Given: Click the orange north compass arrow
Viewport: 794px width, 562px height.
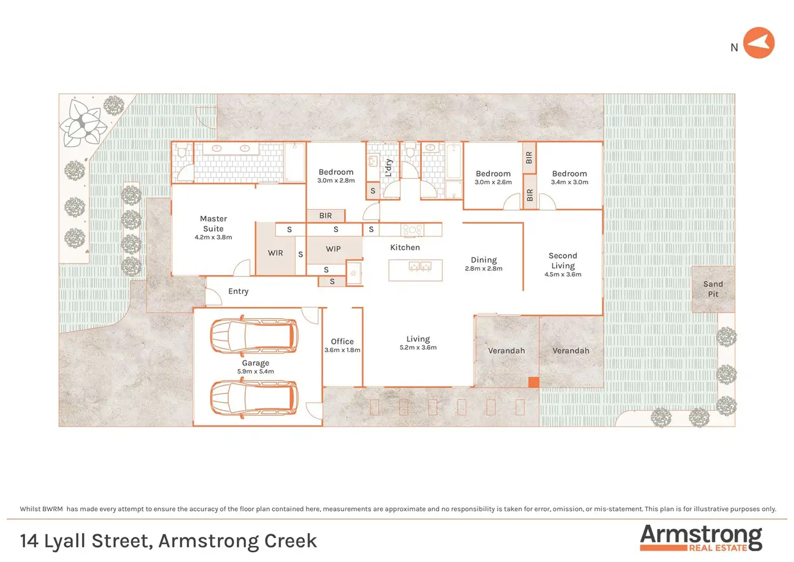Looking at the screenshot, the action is [758, 43].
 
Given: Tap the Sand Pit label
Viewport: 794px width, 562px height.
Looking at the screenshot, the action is [713, 289].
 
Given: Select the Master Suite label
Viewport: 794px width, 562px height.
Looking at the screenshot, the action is [213, 224].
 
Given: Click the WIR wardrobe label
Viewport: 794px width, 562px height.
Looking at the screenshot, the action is [275, 253].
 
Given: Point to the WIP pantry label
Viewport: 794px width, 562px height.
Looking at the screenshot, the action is [333, 249].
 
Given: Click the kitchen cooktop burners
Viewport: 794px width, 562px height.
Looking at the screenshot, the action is [413, 230].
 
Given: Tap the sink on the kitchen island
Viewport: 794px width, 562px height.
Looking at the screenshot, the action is [420, 266].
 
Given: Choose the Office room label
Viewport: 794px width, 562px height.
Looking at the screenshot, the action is [342, 341].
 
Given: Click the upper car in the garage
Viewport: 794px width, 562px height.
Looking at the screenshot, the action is [254, 336].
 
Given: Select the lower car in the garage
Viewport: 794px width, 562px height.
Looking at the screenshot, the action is [254, 397].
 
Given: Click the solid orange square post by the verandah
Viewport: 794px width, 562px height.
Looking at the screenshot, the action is [533, 382].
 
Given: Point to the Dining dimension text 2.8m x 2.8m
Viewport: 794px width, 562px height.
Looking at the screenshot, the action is [483, 269].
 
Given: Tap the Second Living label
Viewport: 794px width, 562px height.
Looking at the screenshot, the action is [563, 261].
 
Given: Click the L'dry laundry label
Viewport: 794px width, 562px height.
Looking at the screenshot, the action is [388, 168].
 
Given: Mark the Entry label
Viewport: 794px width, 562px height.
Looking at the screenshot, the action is [238, 291].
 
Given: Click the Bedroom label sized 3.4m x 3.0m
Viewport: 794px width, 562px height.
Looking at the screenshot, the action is [569, 174].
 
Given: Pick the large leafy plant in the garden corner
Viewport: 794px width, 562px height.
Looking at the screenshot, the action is [83, 124].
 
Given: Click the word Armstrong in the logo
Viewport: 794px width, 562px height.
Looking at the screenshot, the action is [701, 535].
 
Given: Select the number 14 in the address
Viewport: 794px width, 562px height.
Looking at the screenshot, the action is [29, 541].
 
